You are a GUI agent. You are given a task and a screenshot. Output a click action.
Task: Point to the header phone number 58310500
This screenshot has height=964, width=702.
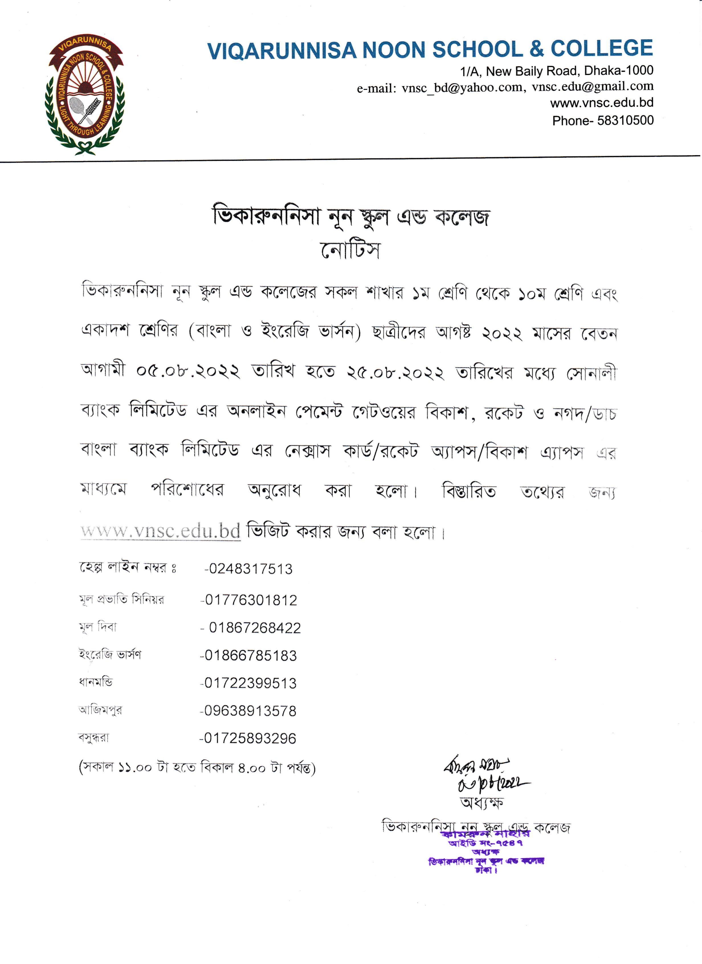tap(626, 121)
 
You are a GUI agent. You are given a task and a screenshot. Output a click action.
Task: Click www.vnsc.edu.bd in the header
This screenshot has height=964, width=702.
tap(602, 103)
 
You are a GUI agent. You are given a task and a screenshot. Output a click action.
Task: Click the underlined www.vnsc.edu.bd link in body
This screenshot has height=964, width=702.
tap(161, 531)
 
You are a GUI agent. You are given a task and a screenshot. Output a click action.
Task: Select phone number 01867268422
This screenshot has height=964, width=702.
tap(254, 628)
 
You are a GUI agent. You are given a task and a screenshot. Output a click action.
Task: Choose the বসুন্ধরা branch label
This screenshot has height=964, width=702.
tap(94, 738)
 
